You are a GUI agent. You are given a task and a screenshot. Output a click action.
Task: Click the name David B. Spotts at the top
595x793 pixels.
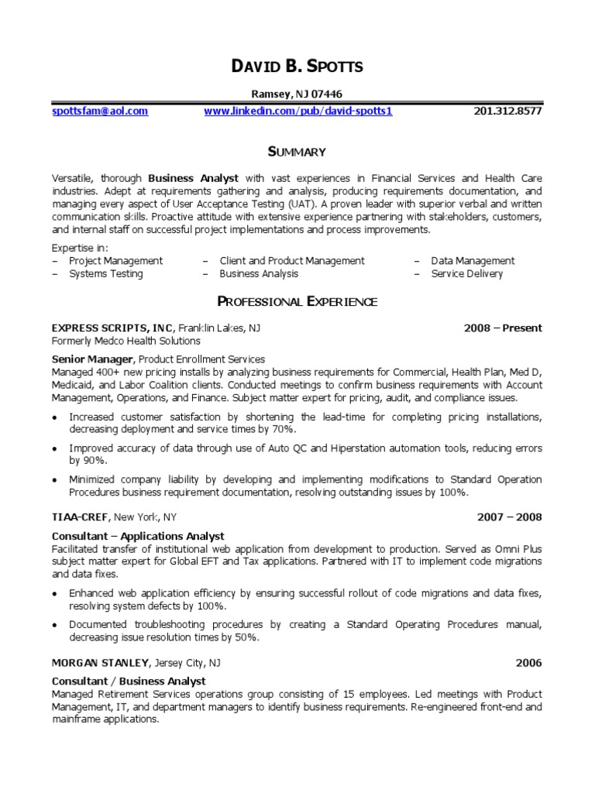point(297,67)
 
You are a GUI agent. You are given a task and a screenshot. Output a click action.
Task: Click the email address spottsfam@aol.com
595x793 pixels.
point(100,111)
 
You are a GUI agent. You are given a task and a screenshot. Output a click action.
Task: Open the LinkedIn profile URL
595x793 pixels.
point(298,111)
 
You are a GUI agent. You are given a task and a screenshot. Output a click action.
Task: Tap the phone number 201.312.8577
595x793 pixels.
point(507,111)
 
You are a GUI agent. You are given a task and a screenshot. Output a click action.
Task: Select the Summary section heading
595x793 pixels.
point(297,152)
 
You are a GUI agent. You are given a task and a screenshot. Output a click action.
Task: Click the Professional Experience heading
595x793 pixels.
point(297,301)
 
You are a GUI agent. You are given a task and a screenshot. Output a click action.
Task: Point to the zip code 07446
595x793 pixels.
point(327,94)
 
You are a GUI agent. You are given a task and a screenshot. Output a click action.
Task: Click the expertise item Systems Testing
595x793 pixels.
point(106,273)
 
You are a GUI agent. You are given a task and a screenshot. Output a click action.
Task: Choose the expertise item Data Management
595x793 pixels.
point(473,261)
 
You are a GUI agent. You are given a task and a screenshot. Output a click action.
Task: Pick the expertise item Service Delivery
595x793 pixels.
point(467,273)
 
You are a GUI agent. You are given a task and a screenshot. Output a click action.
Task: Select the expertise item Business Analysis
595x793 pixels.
point(259,273)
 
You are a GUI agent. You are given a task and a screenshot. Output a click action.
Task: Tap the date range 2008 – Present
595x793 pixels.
point(503,328)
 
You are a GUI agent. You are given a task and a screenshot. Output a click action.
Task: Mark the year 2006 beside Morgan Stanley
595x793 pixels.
point(529,663)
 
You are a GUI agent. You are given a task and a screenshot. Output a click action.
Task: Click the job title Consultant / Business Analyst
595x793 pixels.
point(129,681)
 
